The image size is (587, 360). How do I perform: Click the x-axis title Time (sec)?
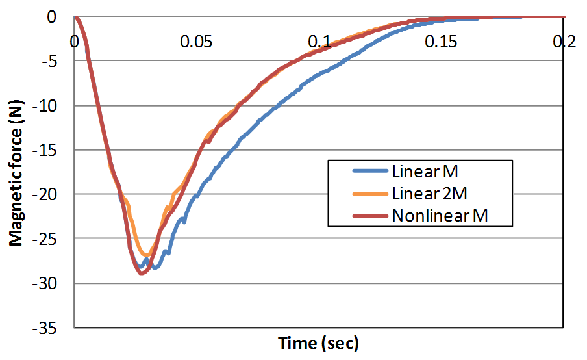click(318, 342)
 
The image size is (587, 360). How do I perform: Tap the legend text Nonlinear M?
click(440, 216)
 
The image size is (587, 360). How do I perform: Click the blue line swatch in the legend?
click(370, 172)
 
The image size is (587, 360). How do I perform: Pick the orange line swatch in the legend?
click(370, 194)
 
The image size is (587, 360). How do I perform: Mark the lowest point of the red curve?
click(142, 273)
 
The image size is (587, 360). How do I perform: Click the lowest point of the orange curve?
click(147, 254)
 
